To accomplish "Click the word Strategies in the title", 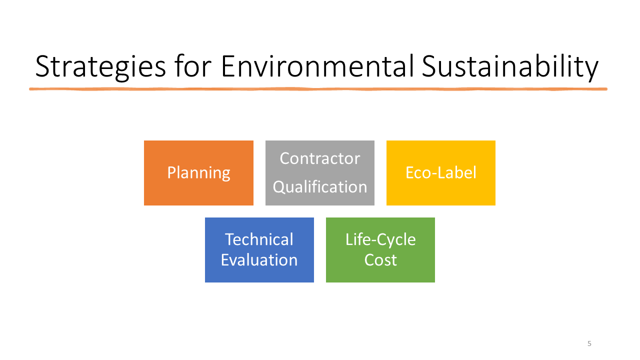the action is point(100,67).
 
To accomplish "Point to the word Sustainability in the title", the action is point(510,67).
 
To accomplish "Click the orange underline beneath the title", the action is point(318,89).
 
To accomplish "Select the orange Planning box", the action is point(198,173).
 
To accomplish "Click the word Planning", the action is point(199,173).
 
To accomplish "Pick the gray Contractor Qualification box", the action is point(319,173).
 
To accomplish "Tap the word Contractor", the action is point(319,158).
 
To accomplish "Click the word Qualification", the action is point(319,187).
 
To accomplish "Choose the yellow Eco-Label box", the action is point(441,173).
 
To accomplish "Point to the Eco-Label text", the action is point(441,172).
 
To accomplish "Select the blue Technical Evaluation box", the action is point(259,250).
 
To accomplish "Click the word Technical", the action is point(259,239).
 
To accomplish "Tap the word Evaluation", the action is point(259,260).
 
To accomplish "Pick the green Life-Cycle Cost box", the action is point(380,250).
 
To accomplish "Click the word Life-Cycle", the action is point(380,240).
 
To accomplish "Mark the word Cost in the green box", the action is point(380,260).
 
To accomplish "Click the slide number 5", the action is point(589,343).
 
